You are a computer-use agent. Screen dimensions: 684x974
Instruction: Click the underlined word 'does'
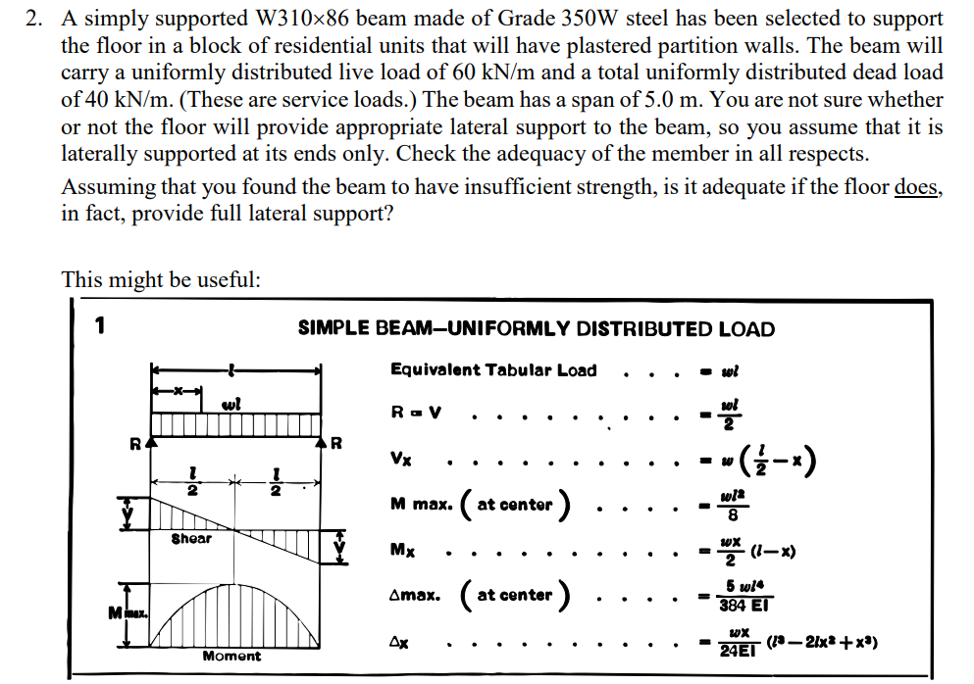[917, 188]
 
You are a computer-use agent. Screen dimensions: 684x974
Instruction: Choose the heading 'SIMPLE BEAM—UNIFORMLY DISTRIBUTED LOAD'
[536, 329]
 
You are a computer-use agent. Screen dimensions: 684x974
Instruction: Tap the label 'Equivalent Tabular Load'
[492, 369]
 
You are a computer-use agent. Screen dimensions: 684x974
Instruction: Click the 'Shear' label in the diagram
[191, 538]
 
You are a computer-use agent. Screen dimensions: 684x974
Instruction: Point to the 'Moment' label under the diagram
[231, 656]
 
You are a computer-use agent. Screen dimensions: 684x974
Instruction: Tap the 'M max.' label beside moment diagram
[128, 613]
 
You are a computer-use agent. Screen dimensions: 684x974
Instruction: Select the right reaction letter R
[337, 442]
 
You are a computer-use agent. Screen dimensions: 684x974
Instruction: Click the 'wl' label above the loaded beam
[230, 404]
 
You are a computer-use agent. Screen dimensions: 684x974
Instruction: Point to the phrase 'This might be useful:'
[161, 279]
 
